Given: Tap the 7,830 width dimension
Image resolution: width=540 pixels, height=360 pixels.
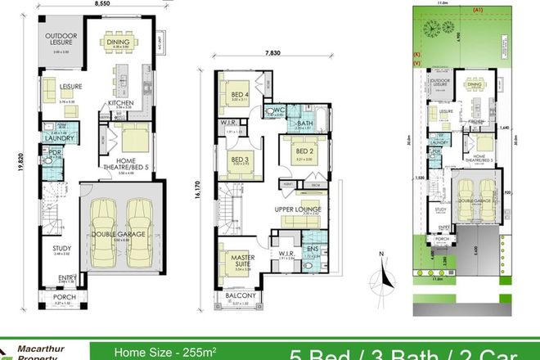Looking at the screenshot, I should [271, 55].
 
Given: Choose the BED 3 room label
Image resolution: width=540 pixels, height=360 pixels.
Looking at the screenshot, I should [240, 160].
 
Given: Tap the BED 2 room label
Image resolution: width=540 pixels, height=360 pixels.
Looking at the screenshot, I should [303, 151].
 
